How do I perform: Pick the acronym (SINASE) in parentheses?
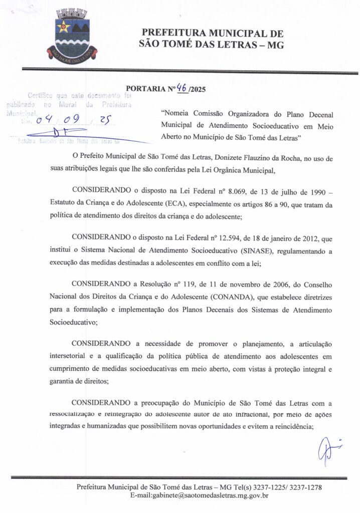tap(274, 247)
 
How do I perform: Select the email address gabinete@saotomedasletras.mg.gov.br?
tap(199, 496)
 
